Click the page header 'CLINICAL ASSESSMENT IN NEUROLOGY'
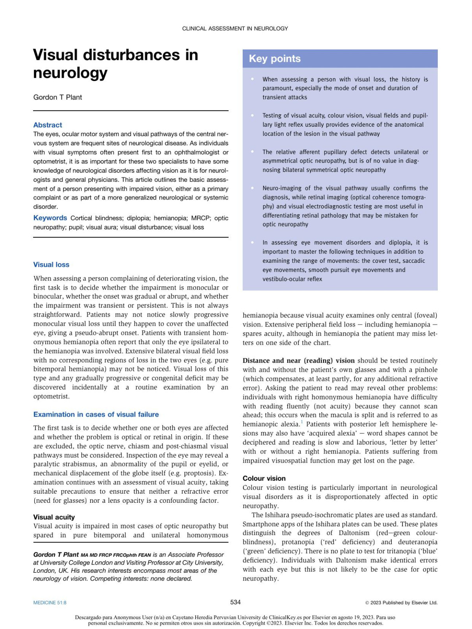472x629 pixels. [235, 29]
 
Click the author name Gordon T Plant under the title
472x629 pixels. [57, 97]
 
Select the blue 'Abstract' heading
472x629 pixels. [48, 125]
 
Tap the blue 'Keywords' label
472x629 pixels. [50, 218]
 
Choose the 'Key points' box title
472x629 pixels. [275, 59]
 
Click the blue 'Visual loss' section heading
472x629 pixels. [51, 265]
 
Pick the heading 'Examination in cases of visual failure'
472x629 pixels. [96, 414]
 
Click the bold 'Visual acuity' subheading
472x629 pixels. [54, 517]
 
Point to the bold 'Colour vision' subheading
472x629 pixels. [264, 478]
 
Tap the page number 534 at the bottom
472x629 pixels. [235, 602]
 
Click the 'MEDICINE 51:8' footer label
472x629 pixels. [50, 603]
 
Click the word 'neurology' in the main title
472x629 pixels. [70, 73]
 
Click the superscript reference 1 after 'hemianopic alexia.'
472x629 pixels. [302, 422]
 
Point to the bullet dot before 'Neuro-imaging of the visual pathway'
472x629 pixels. [252, 188]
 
